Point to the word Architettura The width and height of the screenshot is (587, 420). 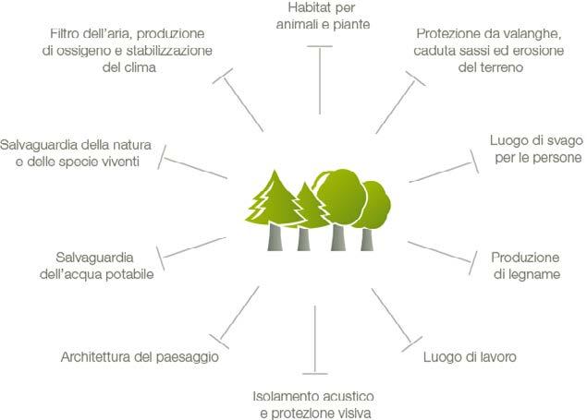coord(100,357)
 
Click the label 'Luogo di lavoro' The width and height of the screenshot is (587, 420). coord(469,357)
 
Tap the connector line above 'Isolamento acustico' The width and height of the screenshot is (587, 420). coord(315,338)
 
